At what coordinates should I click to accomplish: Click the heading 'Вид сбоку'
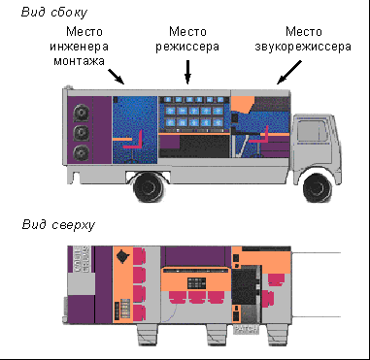point(54,13)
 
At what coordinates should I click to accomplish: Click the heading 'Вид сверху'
point(58,224)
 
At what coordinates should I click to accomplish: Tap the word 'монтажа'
point(79,61)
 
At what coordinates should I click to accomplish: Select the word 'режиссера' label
point(187,47)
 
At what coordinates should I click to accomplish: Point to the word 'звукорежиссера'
point(303,47)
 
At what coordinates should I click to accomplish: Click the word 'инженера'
point(79,47)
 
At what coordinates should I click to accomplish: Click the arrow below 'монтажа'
point(116,76)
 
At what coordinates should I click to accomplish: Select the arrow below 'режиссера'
point(187,72)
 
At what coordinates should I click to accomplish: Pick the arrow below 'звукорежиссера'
point(289,72)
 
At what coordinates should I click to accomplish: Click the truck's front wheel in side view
point(317,187)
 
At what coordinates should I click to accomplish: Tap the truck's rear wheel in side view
point(149,187)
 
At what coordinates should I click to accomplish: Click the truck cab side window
point(312,131)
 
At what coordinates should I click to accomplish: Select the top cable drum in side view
point(81,113)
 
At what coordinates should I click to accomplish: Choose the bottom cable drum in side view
point(81,152)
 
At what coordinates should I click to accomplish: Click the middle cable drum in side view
point(81,132)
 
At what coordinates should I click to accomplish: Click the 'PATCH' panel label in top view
point(246,329)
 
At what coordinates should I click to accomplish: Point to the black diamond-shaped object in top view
point(122,257)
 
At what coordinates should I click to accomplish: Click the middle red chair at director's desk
point(196,297)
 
